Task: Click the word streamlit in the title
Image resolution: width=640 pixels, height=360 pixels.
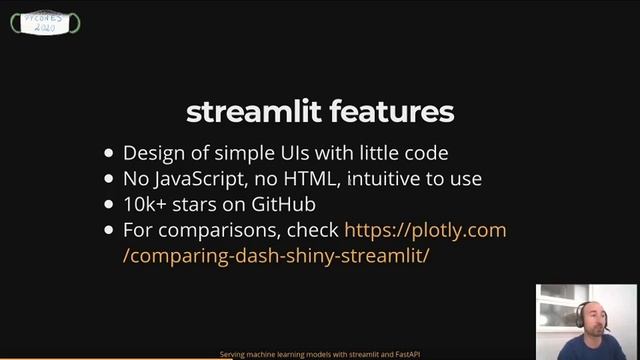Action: [252, 111]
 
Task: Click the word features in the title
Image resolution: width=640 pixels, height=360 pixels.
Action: [389, 111]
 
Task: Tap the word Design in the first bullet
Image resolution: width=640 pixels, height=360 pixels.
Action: [151, 154]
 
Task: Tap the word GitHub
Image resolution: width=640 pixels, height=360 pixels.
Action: [284, 205]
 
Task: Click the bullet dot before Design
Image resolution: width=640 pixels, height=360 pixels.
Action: [109, 155]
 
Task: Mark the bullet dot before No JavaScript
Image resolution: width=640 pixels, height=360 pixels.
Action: [109, 181]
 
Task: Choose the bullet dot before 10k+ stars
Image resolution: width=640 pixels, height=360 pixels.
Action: [109, 206]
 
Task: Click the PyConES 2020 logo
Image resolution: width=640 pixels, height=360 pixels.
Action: [45, 23]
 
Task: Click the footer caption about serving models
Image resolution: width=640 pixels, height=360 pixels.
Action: [319, 354]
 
